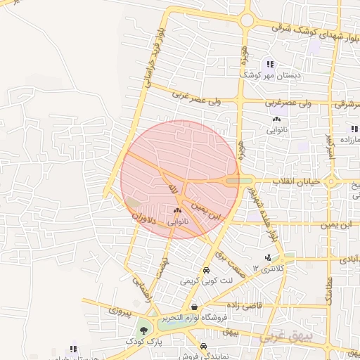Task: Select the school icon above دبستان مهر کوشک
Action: pos(270,64)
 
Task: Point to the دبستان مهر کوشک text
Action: pos(271,74)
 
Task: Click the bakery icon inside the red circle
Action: pos(176,210)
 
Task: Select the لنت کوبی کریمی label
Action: pos(205,281)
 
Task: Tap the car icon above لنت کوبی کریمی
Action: pos(205,271)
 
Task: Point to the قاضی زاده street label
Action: pos(243,305)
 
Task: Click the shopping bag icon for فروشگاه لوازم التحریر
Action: pos(194,307)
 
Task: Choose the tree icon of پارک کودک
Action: pos(143,329)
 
